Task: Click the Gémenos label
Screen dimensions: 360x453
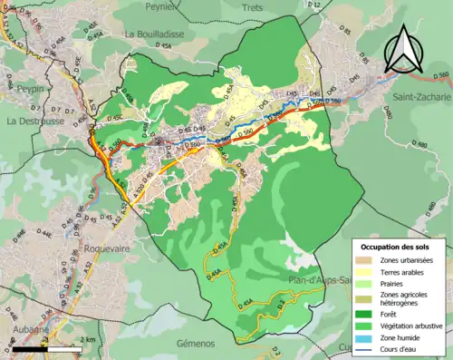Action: tap(191, 344)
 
